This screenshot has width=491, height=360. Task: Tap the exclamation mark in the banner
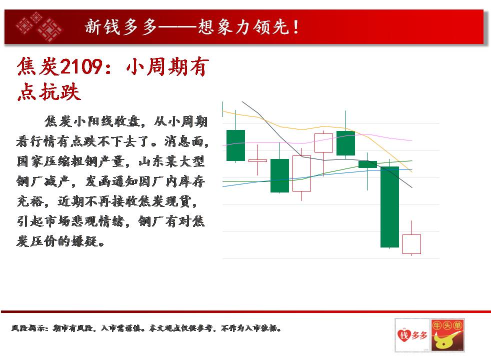(x=295, y=26)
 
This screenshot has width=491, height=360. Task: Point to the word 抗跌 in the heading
(x=59, y=92)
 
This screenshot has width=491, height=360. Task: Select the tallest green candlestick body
(x=389, y=207)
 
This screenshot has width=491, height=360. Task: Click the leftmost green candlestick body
(x=235, y=145)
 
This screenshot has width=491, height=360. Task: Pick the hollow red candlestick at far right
(x=411, y=244)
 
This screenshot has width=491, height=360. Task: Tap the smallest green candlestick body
(x=367, y=164)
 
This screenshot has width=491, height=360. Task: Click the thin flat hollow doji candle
(x=257, y=160)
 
